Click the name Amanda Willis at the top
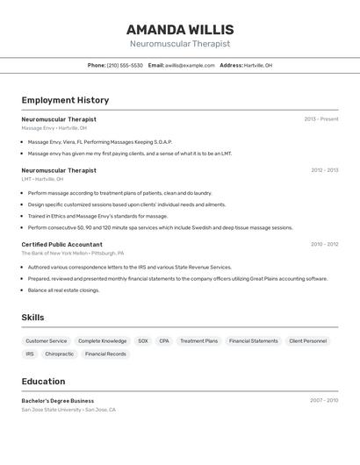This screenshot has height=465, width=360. point(180,30)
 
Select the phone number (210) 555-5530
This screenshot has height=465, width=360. point(125,65)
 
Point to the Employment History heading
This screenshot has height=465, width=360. point(65,100)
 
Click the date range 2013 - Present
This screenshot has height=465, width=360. point(321,119)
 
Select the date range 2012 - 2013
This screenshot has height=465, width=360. point(324,170)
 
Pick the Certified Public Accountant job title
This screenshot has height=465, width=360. point(61,245)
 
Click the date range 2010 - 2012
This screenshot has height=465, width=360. point(324,245)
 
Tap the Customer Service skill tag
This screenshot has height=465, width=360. point(46,340)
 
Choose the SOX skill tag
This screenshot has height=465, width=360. point(142,340)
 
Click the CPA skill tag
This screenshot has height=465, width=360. point(164,340)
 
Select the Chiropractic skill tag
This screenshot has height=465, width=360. point(59,354)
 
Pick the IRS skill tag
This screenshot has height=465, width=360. point(30,354)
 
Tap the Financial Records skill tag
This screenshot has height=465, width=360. point(105,354)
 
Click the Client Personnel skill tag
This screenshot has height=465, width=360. point(308,340)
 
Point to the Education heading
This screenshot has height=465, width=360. point(43,382)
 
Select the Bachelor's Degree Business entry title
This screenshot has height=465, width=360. point(58,401)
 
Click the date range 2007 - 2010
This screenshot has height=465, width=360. point(324,401)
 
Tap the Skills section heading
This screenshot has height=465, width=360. point(34,317)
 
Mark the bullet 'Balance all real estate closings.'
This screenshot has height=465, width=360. point(63,290)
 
